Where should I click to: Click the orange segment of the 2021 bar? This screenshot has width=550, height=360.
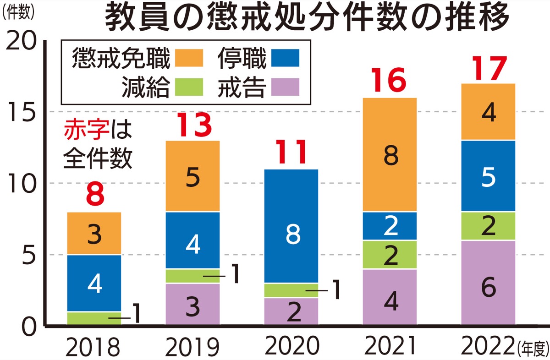coord(390,154)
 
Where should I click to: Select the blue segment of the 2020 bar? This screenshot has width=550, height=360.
coord(291,226)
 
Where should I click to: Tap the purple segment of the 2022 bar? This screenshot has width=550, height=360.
coord(489,282)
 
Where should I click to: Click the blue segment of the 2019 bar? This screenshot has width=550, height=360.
coord(192,240)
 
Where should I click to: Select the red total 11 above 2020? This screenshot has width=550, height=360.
coord(291,153)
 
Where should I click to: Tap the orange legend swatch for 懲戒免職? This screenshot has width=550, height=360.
coord(188,58)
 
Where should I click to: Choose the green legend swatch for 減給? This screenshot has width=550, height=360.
coord(188,87)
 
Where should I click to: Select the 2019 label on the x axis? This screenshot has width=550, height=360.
coord(192,347)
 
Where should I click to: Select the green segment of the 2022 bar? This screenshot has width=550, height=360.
coord(489,226)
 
